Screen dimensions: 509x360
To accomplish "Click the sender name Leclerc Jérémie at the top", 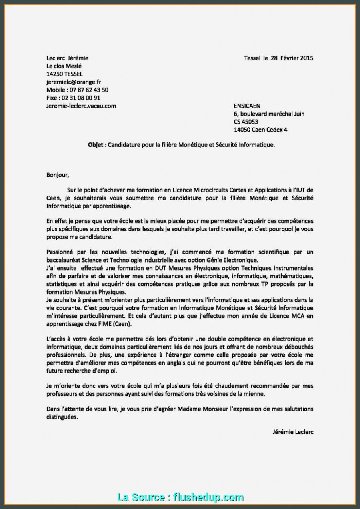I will [x=67, y=58].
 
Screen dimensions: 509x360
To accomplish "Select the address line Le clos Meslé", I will [x=64, y=66].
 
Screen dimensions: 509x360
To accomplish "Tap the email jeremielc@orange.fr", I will [x=74, y=82].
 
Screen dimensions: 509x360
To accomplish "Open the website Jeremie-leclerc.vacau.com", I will [x=81, y=106].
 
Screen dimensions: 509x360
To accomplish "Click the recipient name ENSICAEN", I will [x=247, y=106].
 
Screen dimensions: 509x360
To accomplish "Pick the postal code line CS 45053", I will [x=246, y=122].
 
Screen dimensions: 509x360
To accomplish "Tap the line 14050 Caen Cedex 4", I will [x=260, y=130].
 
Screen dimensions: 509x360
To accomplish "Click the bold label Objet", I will [x=96, y=145].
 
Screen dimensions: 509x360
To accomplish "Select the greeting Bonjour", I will [x=58, y=175].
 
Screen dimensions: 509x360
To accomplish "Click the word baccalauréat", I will [x=64, y=260].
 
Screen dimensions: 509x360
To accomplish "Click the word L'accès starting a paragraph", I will [x=56, y=339].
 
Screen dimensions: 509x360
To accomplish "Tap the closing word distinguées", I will [x=62, y=417].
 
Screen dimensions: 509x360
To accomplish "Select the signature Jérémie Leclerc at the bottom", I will [x=293, y=432].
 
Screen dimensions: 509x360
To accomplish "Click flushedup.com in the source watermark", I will [x=208, y=497].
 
